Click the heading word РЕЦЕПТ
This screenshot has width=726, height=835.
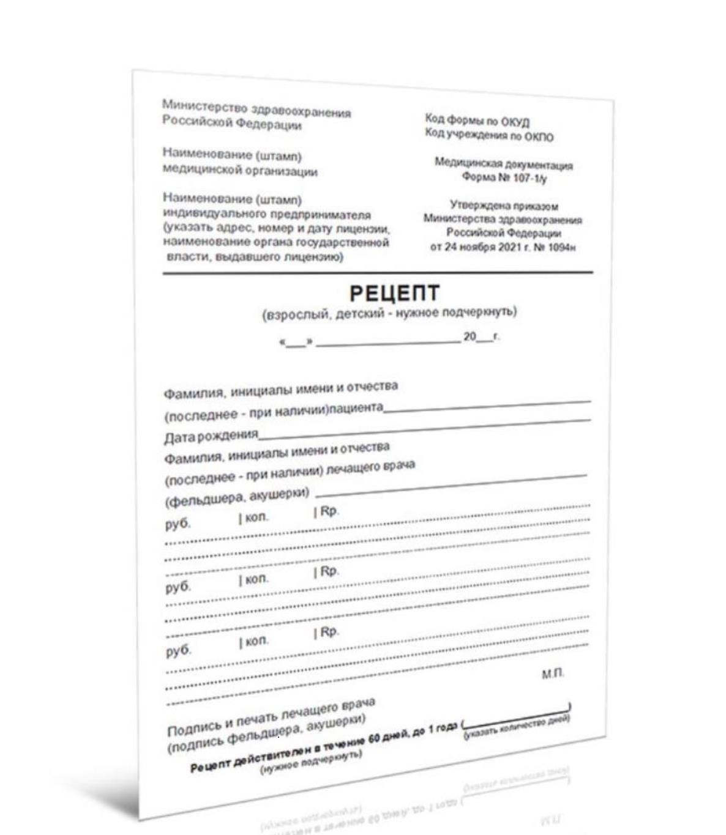point(394,293)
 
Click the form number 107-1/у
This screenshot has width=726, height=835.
point(530,178)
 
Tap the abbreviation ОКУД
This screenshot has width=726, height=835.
point(515,122)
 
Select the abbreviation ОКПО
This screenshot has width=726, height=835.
point(539,137)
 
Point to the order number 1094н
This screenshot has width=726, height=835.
point(561,247)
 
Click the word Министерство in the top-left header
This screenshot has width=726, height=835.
point(204,106)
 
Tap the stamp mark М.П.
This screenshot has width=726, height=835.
point(553,674)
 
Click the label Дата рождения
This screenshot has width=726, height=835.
point(211,436)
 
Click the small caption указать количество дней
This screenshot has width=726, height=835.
point(517,726)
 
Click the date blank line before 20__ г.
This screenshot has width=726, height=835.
point(388,341)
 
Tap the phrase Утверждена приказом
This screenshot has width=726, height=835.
point(504,206)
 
